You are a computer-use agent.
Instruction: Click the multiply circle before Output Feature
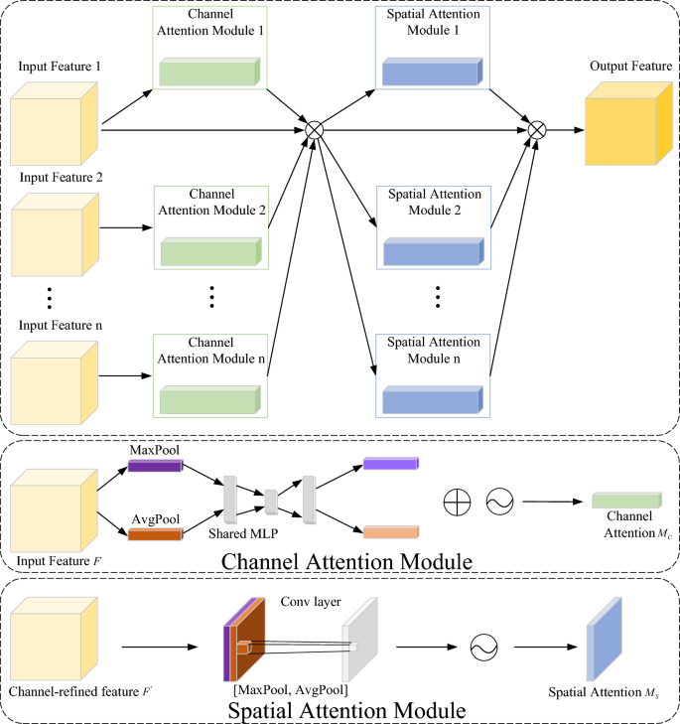[537, 129]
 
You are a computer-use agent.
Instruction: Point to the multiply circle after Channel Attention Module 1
[314, 129]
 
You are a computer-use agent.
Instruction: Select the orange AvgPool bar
[154, 534]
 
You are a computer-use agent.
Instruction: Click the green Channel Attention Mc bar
[626, 500]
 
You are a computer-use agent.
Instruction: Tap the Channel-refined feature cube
[55, 639]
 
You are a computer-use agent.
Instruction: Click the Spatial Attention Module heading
[340, 711]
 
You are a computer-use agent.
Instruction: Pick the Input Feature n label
[60, 325]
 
